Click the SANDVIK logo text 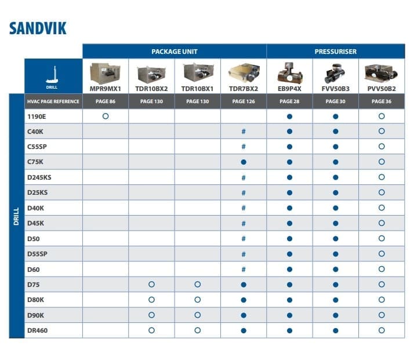pos(38,28)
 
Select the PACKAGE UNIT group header pos(174,51)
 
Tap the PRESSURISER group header pos(335,51)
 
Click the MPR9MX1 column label pos(105,89)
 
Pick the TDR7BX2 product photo pos(243,73)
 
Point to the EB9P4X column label pos(289,89)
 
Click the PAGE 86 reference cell pos(105,101)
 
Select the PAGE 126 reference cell pos(243,101)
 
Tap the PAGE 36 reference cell pos(381,101)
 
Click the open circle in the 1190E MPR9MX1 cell pos(105,117)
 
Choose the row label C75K pos(35,162)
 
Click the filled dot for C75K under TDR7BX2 pos(244,162)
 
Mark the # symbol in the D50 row pos(244,238)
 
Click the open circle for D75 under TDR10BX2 pos(151,285)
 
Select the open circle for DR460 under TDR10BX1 pos(197,330)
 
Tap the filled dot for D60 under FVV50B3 pos(335,269)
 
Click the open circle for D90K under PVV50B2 pos(381,315)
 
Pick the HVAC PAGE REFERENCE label pos(53,101)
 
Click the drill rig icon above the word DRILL pos(53,72)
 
